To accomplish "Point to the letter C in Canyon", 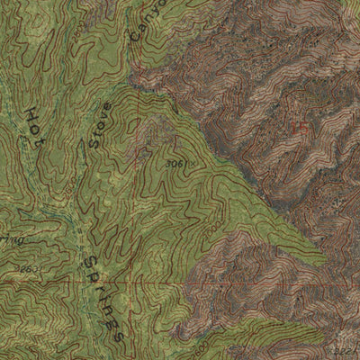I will [x=138, y=38].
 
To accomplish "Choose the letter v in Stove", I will [x=102, y=119].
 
